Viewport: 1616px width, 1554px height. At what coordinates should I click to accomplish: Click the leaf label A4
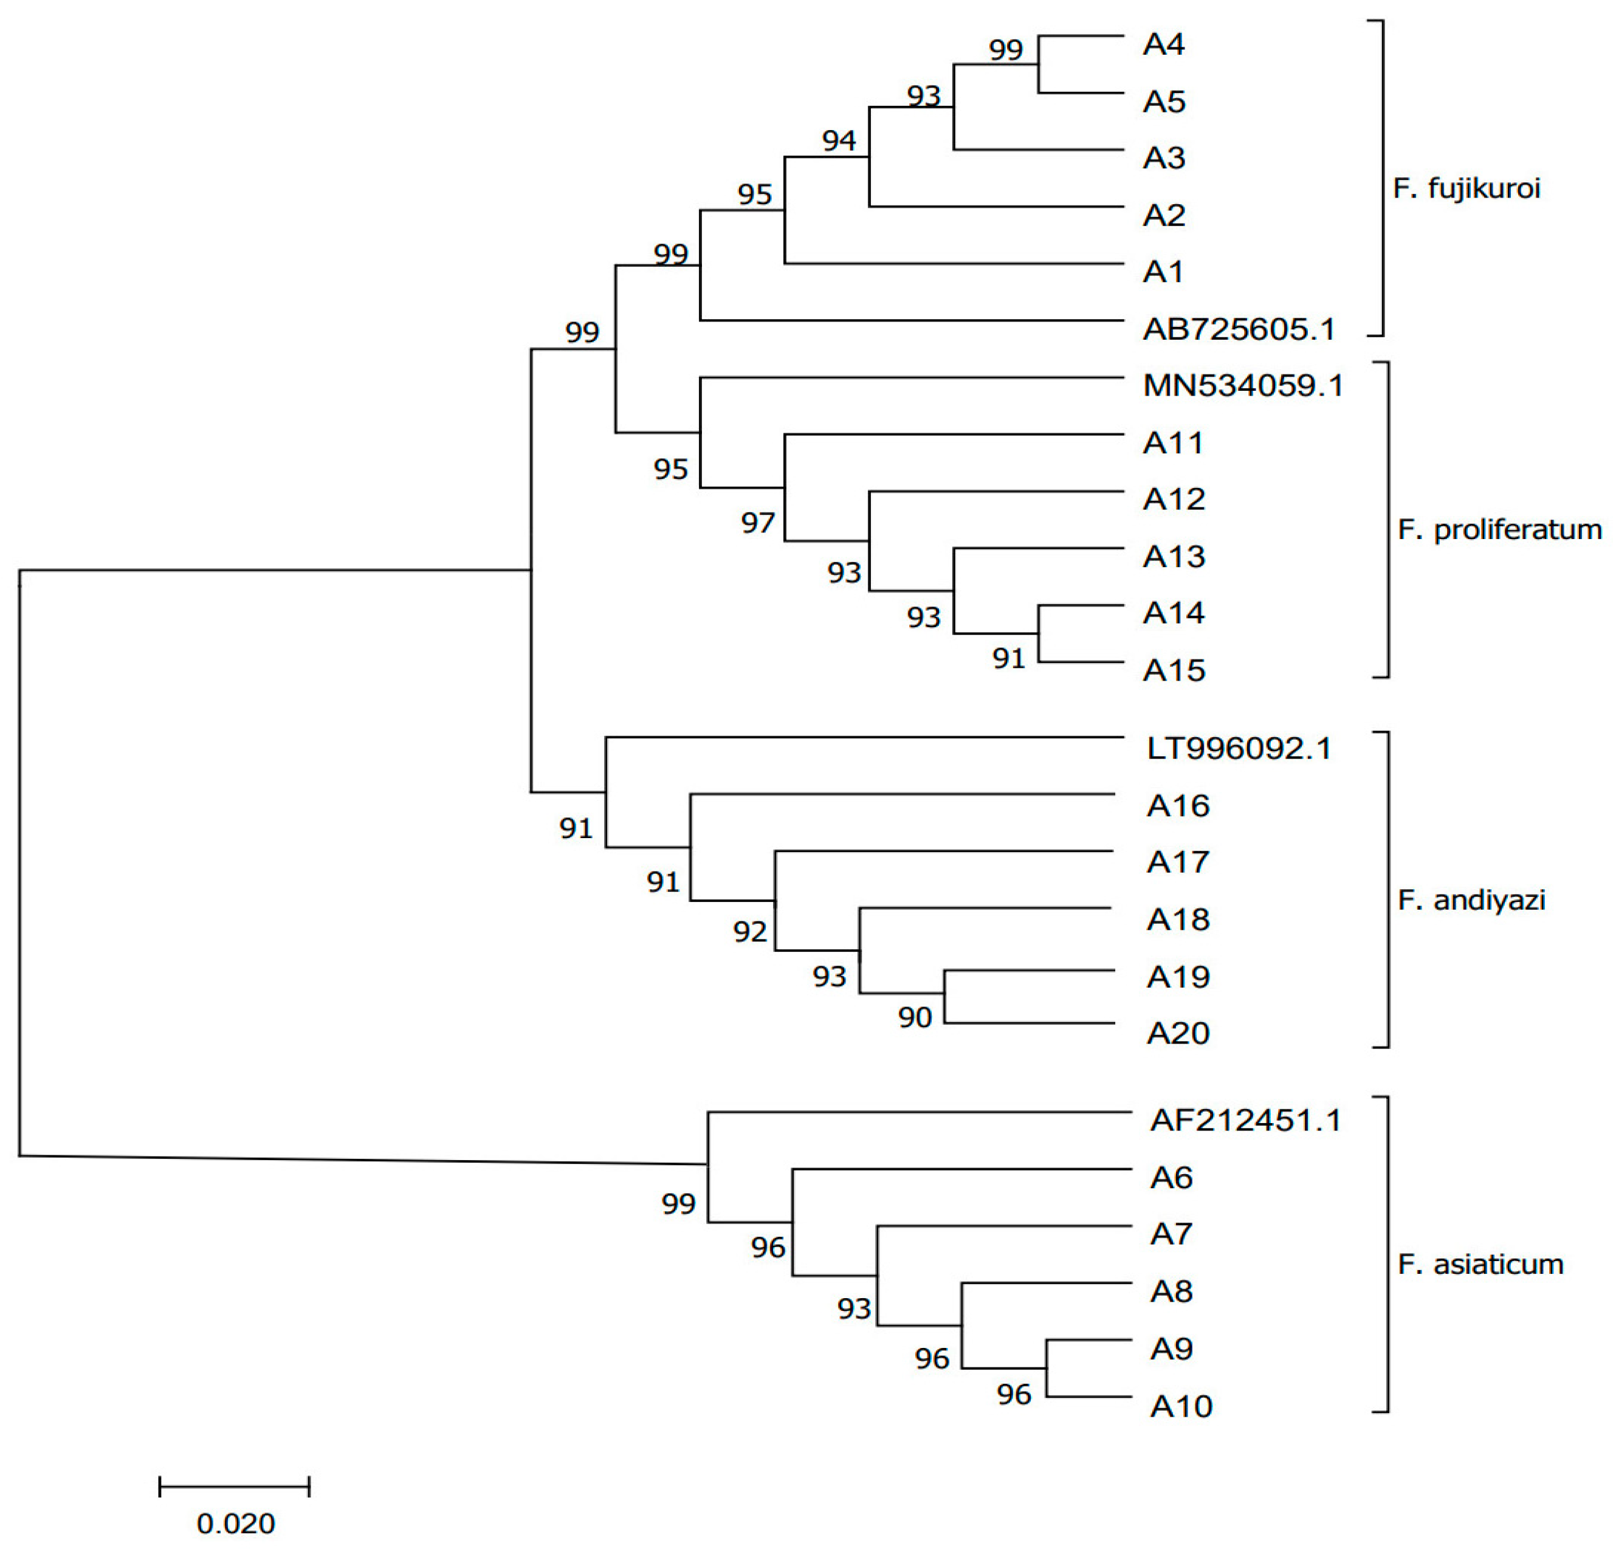tap(1163, 44)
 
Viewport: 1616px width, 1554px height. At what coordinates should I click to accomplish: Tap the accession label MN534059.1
tap(1242, 386)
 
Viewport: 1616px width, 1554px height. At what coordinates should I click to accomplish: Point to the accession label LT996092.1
tap(1239, 749)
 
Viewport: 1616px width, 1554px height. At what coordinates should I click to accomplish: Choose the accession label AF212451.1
tap(1246, 1120)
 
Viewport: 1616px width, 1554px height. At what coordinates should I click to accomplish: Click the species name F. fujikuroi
tap(1466, 189)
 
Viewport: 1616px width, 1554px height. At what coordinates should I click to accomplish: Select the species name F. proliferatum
tap(1499, 529)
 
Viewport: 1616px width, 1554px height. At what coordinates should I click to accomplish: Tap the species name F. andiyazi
tap(1471, 900)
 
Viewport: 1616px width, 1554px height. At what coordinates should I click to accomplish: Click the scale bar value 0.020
tap(235, 1524)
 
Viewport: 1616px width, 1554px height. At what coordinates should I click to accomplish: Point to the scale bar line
tap(234, 1487)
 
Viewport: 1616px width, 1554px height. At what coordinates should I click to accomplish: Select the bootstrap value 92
tap(749, 932)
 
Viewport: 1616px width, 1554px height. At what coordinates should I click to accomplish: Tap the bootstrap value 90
tap(915, 1017)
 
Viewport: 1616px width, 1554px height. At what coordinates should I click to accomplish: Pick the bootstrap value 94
tap(839, 141)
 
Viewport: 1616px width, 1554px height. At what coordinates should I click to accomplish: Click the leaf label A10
tap(1181, 1406)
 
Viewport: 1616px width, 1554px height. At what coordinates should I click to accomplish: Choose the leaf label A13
tap(1173, 557)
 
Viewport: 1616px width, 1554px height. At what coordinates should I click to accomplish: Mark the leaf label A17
tap(1177, 862)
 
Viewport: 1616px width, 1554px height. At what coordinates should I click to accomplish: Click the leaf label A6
tap(1171, 1178)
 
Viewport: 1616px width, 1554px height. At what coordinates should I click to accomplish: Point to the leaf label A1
tap(1163, 272)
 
